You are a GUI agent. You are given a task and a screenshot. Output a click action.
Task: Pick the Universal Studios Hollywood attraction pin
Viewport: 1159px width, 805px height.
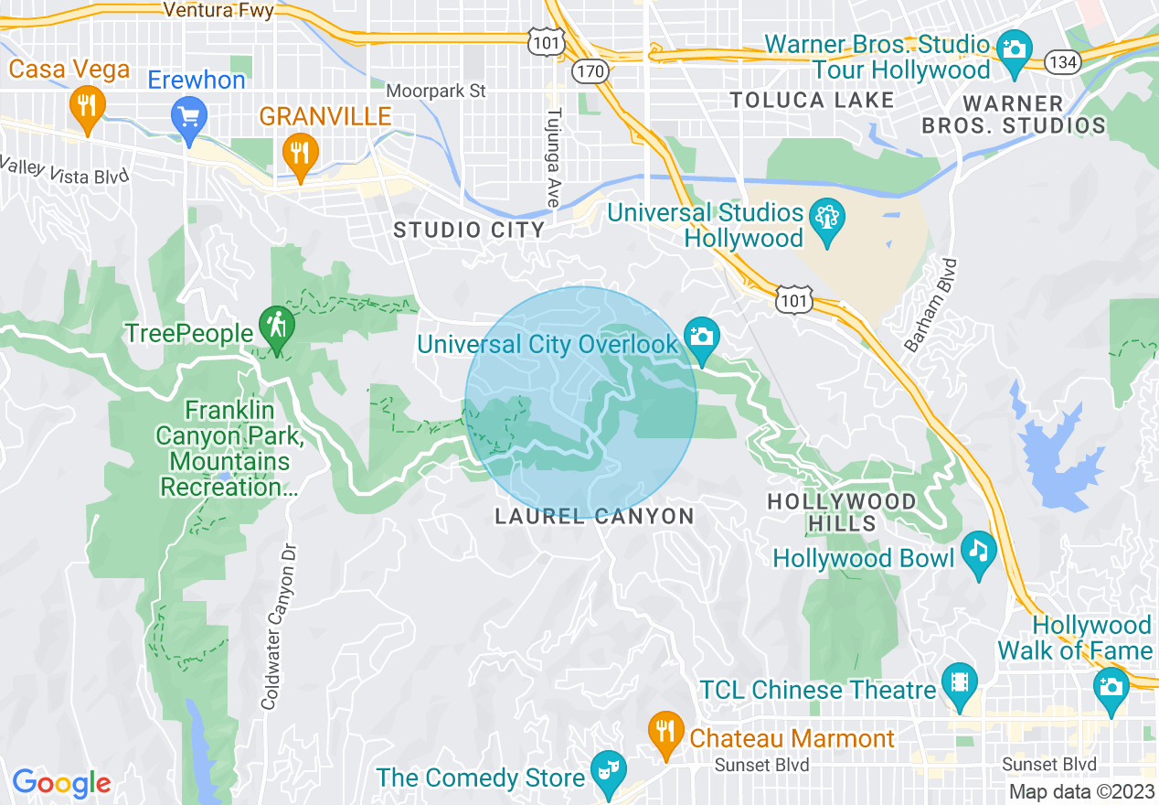click(x=827, y=221)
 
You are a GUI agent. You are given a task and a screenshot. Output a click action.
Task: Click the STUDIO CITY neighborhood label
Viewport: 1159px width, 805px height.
click(x=469, y=230)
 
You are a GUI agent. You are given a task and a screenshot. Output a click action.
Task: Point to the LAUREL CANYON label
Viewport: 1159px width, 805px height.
click(x=594, y=517)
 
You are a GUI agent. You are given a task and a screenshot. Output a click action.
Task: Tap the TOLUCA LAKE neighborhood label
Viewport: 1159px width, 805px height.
click(x=812, y=101)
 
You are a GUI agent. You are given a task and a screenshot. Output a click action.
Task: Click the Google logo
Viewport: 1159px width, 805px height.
click(x=60, y=783)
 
